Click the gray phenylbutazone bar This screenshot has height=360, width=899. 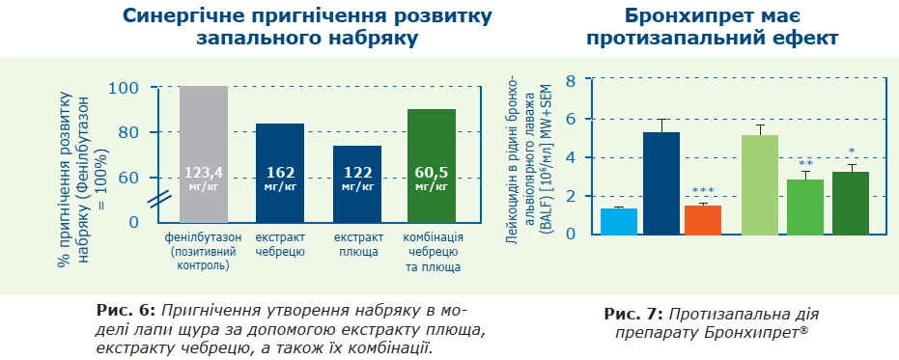point(203,154)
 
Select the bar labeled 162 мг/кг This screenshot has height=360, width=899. point(279,174)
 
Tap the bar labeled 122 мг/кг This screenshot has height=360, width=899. point(357,183)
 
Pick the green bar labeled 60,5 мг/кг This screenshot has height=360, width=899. point(431,166)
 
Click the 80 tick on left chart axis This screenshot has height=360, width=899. point(129,132)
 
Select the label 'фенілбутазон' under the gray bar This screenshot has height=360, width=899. point(203,237)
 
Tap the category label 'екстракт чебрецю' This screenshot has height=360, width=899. point(280,244)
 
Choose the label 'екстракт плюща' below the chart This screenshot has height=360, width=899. point(357,244)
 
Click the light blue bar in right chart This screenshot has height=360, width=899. point(619,221)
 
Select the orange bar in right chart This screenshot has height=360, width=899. point(702,219)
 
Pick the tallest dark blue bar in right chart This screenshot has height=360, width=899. point(661,183)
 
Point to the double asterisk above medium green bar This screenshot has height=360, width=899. point(805,163)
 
